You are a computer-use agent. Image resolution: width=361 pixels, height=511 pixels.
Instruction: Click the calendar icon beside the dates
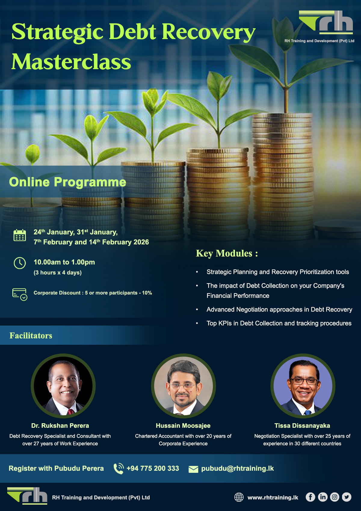(x=20, y=235)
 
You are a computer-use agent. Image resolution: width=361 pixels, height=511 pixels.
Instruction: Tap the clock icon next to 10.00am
(x=20, y=263)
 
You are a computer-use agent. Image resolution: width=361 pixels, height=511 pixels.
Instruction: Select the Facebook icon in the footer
(x=310, y=497)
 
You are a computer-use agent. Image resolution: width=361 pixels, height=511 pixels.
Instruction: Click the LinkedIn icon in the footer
(x=322, y=497)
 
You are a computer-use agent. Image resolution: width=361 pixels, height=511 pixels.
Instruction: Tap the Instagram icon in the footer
(x=335, y=497)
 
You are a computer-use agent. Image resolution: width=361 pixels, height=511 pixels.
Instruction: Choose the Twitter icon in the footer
(x=347, y=497)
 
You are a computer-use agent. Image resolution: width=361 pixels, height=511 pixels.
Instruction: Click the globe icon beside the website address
(x=239, y=497)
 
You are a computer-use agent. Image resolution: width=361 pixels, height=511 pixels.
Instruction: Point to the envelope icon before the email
(x=193, y=469)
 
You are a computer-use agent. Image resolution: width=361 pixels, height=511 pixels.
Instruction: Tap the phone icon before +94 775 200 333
(x=119, y=468)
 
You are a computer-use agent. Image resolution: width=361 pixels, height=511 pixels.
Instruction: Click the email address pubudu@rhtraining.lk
(x=237, y=468)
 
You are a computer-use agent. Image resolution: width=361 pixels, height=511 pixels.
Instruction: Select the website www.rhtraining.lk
(x=273, y=497)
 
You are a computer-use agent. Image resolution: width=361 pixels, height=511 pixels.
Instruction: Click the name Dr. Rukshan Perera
(x=60, y=426)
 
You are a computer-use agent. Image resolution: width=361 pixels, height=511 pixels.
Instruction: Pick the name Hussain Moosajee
(x=183, y=426)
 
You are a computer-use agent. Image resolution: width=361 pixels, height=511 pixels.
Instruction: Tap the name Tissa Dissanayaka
(x=302, y=426)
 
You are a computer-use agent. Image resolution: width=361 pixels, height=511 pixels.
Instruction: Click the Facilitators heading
(x=31, y=335)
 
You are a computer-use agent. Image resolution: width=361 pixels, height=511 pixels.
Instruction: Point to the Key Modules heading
(x=227, y=253)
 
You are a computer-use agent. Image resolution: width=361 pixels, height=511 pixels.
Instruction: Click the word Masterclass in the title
(x=71, y=62)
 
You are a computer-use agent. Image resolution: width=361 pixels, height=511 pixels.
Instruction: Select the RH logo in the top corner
(x=326, y=22)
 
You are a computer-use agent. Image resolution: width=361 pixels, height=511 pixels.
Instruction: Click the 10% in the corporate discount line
(x=147, y=293)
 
